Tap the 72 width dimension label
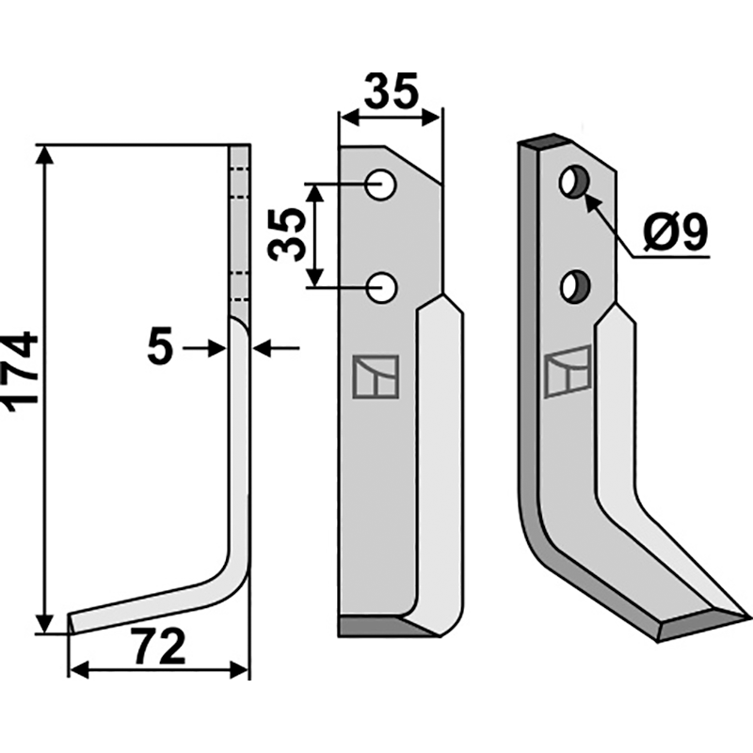tap(159, 647)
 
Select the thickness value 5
tap(159, 347)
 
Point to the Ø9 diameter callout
tap(676, 232)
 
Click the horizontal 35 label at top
tap(392, 90)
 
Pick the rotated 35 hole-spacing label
tap(287, 235)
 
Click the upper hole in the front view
tap(380, 184)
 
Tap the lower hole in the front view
tap(381, 288)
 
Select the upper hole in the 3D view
tap(574, 181)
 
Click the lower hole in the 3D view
tap(575, 287)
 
